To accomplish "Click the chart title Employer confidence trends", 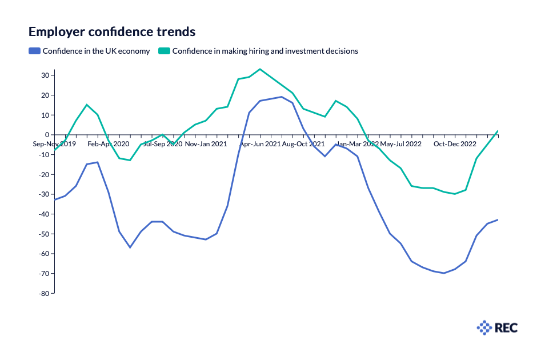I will [x=112, y=31].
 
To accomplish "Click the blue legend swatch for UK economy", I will [x=34, y=51].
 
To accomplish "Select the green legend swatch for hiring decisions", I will [x=164, y=51].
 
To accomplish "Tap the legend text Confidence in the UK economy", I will [x=96, y=51].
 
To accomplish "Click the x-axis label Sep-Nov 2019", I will [x=55, y=144].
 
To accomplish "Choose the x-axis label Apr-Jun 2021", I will [x=260, y=144].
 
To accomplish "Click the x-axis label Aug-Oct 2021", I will [x=303, y=144].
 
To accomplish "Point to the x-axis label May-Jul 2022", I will [x=400, y=144].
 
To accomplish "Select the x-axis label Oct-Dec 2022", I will [x=455, y=144].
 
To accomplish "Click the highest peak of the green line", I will [x=260, y=69].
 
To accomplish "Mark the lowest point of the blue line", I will [x=444, y=273].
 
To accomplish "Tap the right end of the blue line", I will [x=498, y=219].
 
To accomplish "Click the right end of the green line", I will [x=498, y=131].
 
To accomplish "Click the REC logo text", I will [x=506, y=327].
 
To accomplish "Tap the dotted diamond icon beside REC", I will [x=484, y=327].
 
